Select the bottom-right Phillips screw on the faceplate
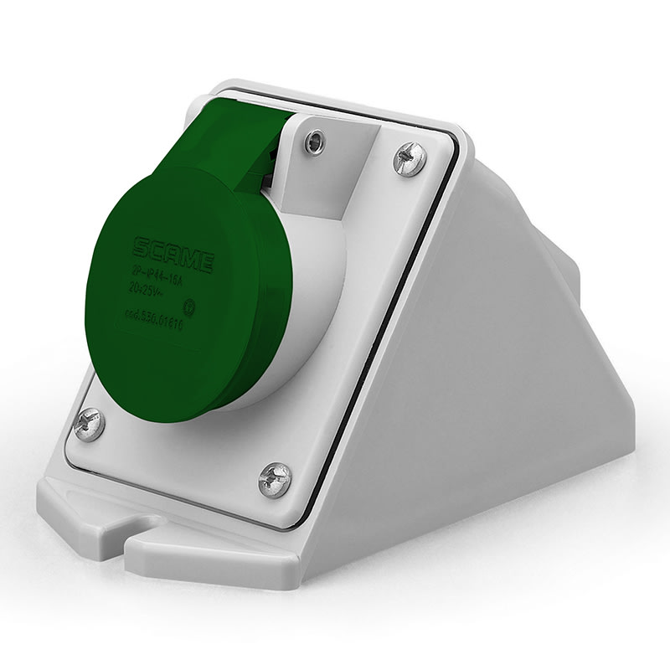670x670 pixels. click(275, 478)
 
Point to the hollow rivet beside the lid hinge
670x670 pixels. click(316, 144)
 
